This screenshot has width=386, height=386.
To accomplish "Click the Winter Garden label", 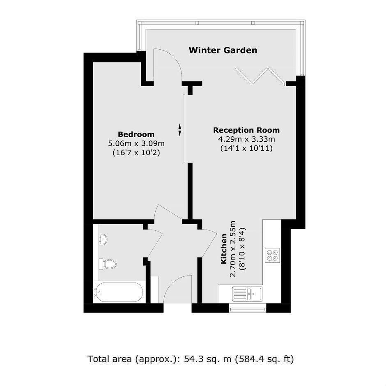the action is pos(223,50).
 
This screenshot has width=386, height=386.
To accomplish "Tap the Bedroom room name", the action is pos(136,134).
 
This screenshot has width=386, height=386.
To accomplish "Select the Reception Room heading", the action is pos(246,130).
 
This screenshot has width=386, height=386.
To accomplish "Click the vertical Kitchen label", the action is pos(223,248).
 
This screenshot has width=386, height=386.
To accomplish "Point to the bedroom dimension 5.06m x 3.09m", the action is pos(136,143).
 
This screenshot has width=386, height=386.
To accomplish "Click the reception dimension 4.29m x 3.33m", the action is pos(246,139).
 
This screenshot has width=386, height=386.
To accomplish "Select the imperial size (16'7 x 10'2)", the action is pos(136,153).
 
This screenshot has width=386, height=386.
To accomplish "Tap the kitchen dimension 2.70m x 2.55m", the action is pos(233,248).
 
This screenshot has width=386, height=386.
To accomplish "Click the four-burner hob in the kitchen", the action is pos(272,255).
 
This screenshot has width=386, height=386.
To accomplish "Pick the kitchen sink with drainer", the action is pos(247,294).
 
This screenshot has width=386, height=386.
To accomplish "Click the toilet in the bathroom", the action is pos(108,264).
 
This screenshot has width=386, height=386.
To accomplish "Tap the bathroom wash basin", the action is pos(103,239).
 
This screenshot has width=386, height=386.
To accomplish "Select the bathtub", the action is pos(118,292).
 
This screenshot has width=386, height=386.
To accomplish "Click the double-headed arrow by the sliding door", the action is pos(180,130).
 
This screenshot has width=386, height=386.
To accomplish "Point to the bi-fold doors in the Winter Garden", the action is pos(260,76).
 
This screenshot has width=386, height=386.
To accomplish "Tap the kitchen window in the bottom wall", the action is pos(248,308).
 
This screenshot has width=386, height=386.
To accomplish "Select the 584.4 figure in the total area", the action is pos(250,359).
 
